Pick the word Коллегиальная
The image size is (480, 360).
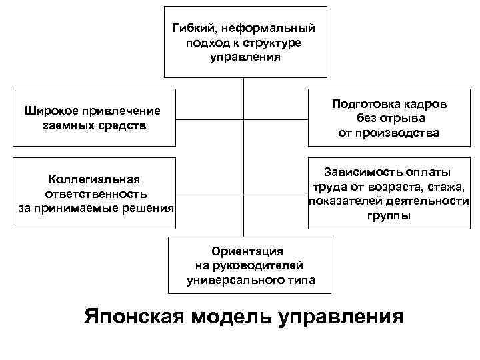(x=93, y=179)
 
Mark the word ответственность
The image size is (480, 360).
(x=95, y=194)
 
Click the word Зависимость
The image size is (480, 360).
(x=362, y=172)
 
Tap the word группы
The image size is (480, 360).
(x=389, y=216)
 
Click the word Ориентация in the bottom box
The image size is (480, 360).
(x=247, y=251)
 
